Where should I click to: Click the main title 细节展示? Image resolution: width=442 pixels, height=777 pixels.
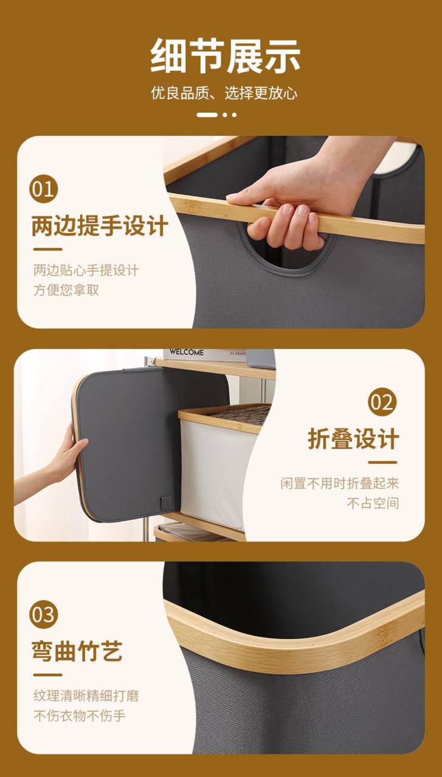(225, 56)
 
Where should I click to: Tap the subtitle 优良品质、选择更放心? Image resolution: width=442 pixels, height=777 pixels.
(224, 93)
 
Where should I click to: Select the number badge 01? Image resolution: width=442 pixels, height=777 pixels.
(43, 189)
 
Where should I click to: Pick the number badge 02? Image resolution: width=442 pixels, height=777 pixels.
(382, 402)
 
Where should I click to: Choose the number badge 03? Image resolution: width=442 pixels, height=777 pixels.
(43, 616)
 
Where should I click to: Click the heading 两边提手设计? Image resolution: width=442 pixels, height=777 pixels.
(100, 226)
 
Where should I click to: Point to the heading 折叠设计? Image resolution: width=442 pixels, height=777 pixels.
(353, 439)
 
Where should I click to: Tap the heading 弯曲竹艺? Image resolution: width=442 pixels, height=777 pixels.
(77, 651)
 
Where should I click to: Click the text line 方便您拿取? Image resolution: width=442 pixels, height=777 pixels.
(66, 290)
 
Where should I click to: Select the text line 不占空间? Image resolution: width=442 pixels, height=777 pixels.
(373, 503)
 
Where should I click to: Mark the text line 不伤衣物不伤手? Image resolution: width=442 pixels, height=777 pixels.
(80, 715)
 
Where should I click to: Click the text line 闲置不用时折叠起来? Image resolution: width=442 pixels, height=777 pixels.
(340, 483)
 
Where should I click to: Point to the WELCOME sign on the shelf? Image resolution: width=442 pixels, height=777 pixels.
(187, 352)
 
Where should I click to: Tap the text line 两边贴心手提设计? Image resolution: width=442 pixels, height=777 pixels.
(86, 270)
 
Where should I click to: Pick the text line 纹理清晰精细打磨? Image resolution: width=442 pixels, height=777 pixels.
(86, 696)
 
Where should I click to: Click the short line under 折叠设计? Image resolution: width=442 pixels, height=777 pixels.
(382, 463)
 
